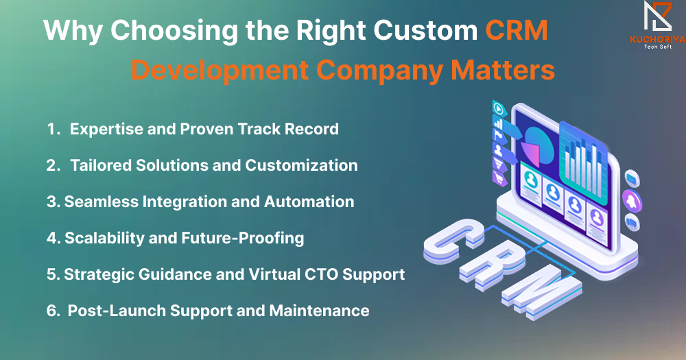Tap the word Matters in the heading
(503, 69)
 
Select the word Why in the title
(73, 32)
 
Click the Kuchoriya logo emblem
(657, 16)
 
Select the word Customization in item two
(301, 165)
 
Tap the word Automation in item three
(309, 202)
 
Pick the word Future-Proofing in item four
(243, 239)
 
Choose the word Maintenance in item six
(320, 311)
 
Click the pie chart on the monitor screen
(539, 145)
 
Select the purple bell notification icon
(632, 201)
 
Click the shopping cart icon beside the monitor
(499, 178)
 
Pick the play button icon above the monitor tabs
(499, 108)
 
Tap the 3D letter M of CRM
(542, 291)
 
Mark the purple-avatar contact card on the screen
(597, 226)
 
